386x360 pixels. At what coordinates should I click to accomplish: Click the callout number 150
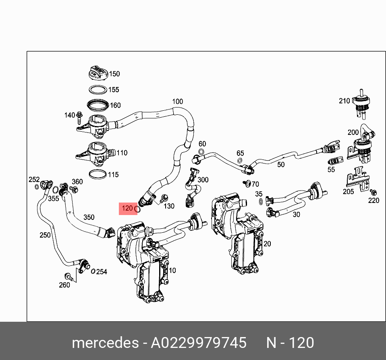114,74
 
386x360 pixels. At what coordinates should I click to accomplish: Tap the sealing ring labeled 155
98,89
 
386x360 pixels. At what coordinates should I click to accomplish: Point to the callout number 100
177,101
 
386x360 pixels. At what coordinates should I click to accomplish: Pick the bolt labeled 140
79,117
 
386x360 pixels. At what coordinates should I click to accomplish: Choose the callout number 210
344,101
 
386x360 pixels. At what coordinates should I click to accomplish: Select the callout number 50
281,164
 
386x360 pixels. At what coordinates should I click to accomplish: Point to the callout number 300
203,180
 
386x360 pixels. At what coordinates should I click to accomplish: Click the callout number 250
45,235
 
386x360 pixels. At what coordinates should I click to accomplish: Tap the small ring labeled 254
93,271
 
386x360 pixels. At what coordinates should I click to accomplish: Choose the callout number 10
172,270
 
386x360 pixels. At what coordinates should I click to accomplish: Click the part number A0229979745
198,343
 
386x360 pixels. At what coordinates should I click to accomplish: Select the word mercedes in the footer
105,343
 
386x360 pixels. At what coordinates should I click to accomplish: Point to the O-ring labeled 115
98,174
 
